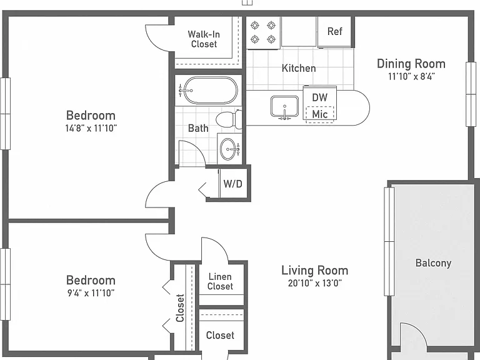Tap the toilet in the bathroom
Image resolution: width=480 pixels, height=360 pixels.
coord(229,120)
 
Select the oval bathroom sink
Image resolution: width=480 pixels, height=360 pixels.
coord(228,149)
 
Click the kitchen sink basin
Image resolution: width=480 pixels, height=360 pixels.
coord(284,106)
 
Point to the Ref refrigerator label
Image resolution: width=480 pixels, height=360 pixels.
coord(334,31)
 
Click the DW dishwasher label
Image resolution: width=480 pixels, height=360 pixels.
coord(319,97)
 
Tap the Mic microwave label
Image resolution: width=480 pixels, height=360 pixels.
coord(319,114)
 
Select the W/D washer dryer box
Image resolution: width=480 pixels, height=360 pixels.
coord(233,184)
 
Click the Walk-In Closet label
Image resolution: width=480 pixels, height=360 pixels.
coord(204,39)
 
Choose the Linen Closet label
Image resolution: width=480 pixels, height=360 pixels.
coord(220,282)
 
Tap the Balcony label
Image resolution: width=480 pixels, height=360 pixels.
coord(433,263)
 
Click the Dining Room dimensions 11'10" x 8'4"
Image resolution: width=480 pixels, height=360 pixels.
coord(411,76)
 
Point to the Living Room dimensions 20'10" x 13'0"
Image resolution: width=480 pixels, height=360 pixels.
coord(315,283)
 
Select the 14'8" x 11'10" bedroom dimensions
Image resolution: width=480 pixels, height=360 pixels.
coord(91,128)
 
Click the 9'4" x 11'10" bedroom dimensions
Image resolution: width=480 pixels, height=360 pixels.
coord(91,293)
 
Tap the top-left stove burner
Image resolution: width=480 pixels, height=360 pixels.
coord(255,26)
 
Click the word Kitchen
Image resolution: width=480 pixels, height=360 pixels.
coord(299,68)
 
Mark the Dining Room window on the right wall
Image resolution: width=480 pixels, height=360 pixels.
coord(471,94)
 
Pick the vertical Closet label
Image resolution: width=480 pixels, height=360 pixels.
coord(180,308)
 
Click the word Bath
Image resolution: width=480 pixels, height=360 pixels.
coord(198,128)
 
